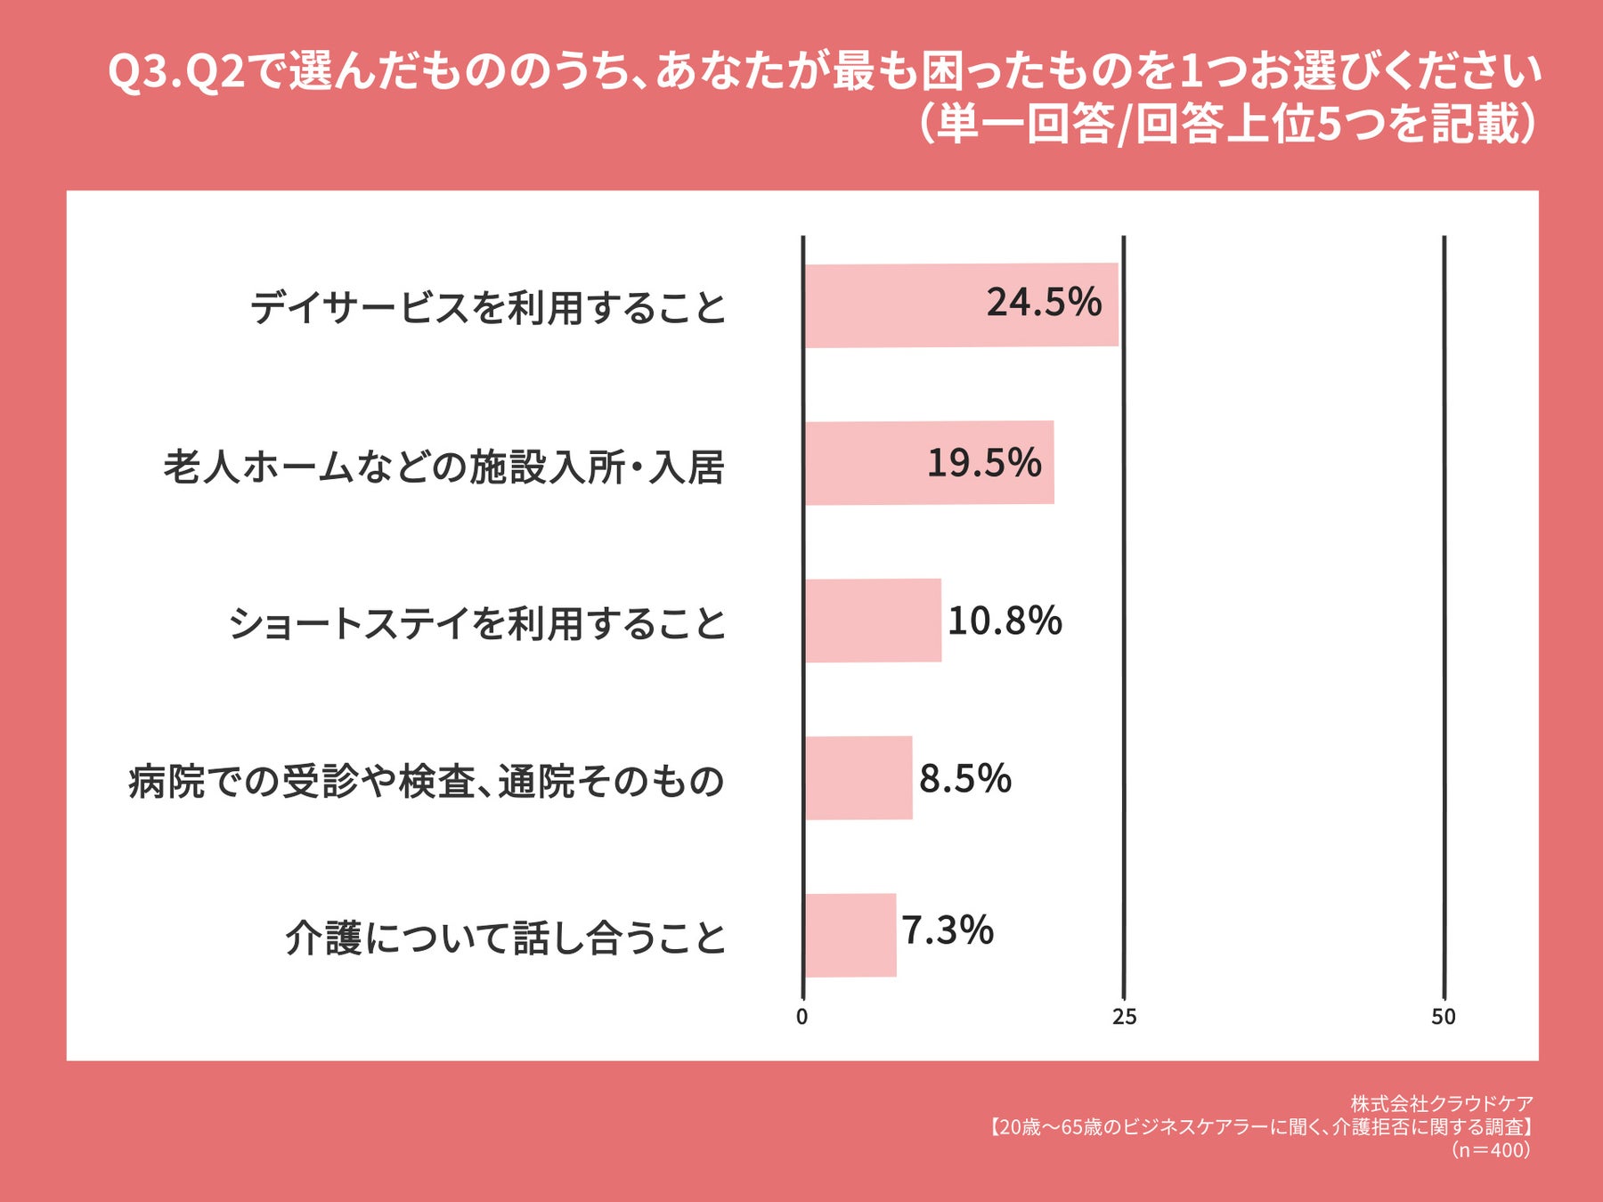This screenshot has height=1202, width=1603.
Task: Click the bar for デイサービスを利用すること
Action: tap(961, 305)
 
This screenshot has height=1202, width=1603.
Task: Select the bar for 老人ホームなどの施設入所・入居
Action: tap(929, 463)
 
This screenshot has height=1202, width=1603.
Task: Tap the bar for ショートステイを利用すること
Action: tap(873, 621)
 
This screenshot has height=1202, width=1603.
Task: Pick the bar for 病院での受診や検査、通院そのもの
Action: tap(858, 778)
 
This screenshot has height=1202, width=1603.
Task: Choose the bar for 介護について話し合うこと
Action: tap(850, 936)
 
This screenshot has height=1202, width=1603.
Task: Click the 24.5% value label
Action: tap(1044, 303)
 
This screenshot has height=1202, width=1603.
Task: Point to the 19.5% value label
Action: tap(984, 463)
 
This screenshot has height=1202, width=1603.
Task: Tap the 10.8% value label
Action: tap(1005, 621)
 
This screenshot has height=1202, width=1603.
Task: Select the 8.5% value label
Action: tap(965, 778)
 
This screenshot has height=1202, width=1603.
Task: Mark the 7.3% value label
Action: tap(948, 930)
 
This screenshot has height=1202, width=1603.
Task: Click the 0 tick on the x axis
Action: tap(802, 1017)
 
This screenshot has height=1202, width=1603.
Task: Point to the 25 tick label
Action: tap(1124, 1017)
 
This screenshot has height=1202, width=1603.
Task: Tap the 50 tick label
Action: tap(1444, 1017)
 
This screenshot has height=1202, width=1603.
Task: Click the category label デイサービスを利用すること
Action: tap(488, 308)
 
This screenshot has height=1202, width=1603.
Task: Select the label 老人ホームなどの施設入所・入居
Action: tap(443, 467)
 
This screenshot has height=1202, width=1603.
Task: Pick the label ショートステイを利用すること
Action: tap(477, 623)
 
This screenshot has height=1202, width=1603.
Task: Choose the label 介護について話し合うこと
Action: tap(506, 938)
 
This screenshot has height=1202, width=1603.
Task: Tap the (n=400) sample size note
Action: tap(1491, 1149)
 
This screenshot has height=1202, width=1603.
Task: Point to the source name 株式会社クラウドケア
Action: tap(1442, 1104)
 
